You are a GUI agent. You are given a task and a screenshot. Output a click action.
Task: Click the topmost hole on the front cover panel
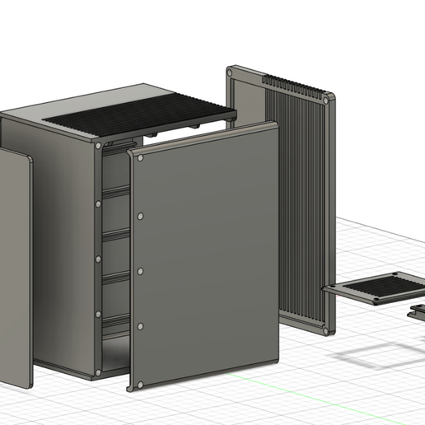pyautogui.click(x=141, y=156)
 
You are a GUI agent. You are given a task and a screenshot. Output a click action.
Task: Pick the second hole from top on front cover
pyautogui.click(x=140, y=215)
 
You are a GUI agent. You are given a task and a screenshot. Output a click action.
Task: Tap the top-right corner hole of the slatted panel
pyautogui.click(x=330, y=100)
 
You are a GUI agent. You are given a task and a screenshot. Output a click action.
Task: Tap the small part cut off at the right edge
pyautogui.click(x=418, y=311)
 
